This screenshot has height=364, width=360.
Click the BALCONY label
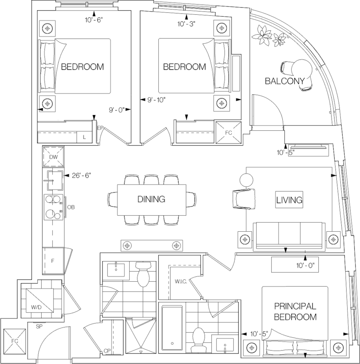click(x=286, y=81)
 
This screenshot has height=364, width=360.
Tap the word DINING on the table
click(x=151, y=199)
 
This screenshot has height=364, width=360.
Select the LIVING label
click(x=288, y=199)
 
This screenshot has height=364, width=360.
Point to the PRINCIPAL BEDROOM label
click(x=295, y=312)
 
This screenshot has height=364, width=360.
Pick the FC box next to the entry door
click(x=15, y=341)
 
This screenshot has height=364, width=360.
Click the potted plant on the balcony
click(x=264, y=34)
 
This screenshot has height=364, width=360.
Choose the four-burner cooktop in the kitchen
click(x=53, y=207)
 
